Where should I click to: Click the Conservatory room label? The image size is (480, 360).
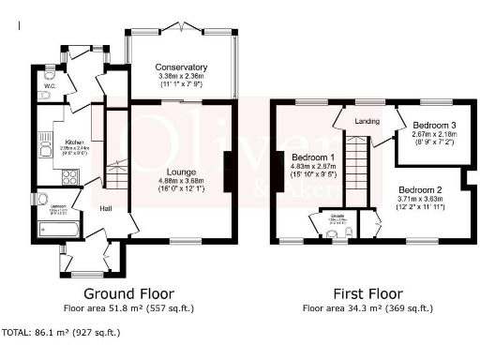click(x=181, y=67)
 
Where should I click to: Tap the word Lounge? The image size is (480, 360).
click(x=181, y=172)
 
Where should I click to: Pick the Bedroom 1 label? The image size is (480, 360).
click(x=313, y=157)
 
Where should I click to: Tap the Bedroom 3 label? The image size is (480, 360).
click(x=435, y=125)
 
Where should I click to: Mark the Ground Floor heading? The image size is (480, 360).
click(x=127, y=292)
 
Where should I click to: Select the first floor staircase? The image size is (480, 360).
click(x=354, y=168)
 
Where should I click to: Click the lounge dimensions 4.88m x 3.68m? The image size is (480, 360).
click(x=181, y=182)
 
